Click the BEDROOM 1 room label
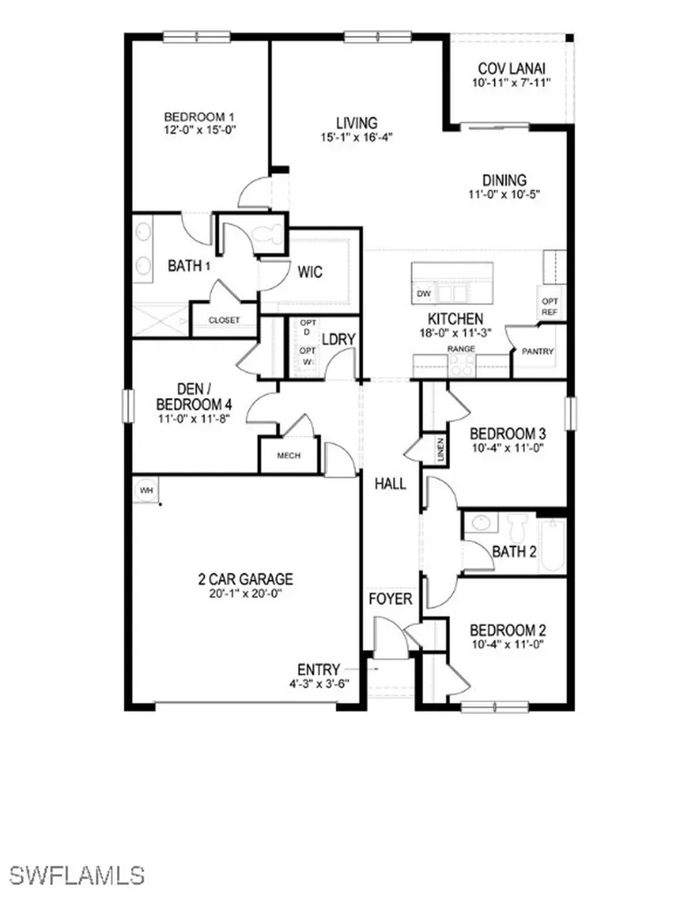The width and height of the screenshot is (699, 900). pos(200,116)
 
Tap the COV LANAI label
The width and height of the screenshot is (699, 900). pos(512,68)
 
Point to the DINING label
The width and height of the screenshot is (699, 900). pos(504,180)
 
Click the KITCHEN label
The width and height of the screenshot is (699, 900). pos(455,318)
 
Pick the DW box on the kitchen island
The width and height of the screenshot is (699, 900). pos(423,294)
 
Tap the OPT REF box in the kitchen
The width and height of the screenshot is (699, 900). pos(549,306)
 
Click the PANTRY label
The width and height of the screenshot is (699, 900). pos(538,352)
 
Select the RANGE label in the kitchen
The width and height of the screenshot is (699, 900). pos(462,349)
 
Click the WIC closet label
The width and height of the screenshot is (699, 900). pos(309,272)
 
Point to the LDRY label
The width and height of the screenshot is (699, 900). pos(337,339)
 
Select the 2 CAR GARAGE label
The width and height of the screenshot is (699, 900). pos(245,579)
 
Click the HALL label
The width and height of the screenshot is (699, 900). pos(390,483)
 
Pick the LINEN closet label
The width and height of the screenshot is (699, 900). pos(440,450)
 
